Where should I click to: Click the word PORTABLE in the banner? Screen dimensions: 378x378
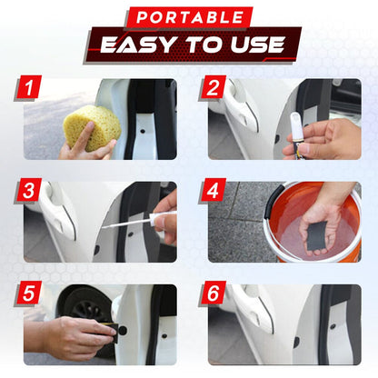point(188,17)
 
